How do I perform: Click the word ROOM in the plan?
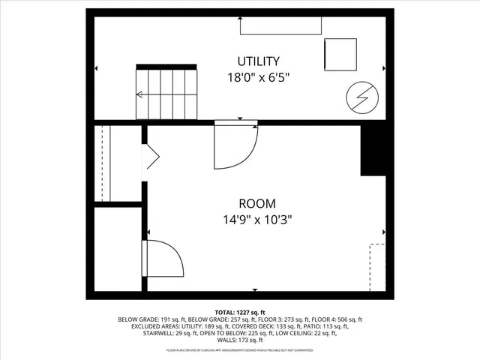[x=257, y=203]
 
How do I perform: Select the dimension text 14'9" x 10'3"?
[x=257, y=220]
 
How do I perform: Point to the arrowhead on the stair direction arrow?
[x=139, y=94]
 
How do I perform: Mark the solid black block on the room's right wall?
[x=375, y=150]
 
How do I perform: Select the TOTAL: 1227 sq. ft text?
[x=239, y=312]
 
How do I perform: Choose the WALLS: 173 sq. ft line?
[x=239, y=341]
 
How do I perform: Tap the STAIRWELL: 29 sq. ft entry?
[x=175, y=334]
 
